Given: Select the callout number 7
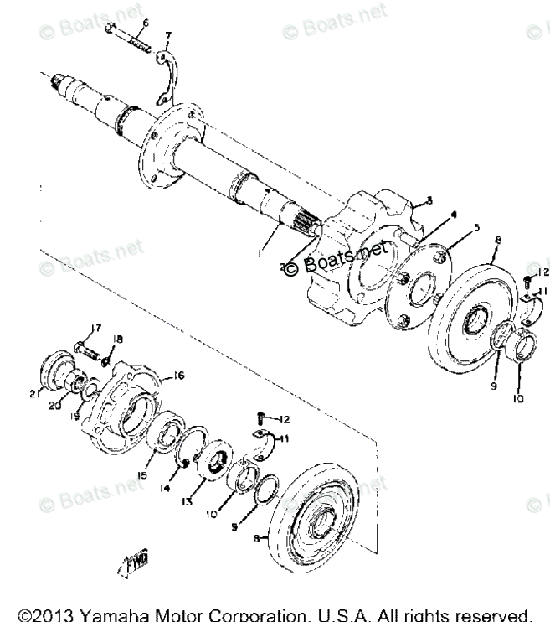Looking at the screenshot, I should click(168, 35).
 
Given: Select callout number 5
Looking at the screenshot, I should click(452, 226).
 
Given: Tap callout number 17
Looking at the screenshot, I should click(96, 328).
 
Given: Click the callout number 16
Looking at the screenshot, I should click(178, 375).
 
